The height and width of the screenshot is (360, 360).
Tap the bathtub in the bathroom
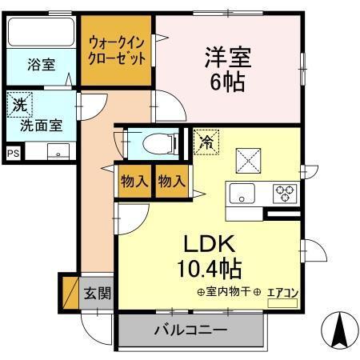coord(41,34)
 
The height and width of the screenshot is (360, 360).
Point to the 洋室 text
coord(228,57)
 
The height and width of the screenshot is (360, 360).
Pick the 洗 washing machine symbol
coord(18,104)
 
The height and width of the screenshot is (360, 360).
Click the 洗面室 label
coord(35,125)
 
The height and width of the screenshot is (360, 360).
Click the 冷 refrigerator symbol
coord(206,143)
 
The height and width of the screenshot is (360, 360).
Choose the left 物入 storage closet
coord(134,182)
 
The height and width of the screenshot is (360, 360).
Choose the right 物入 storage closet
coord(170,182)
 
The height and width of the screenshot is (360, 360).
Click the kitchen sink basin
coord(242,193)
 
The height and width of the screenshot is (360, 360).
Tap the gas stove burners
coord(285,192)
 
